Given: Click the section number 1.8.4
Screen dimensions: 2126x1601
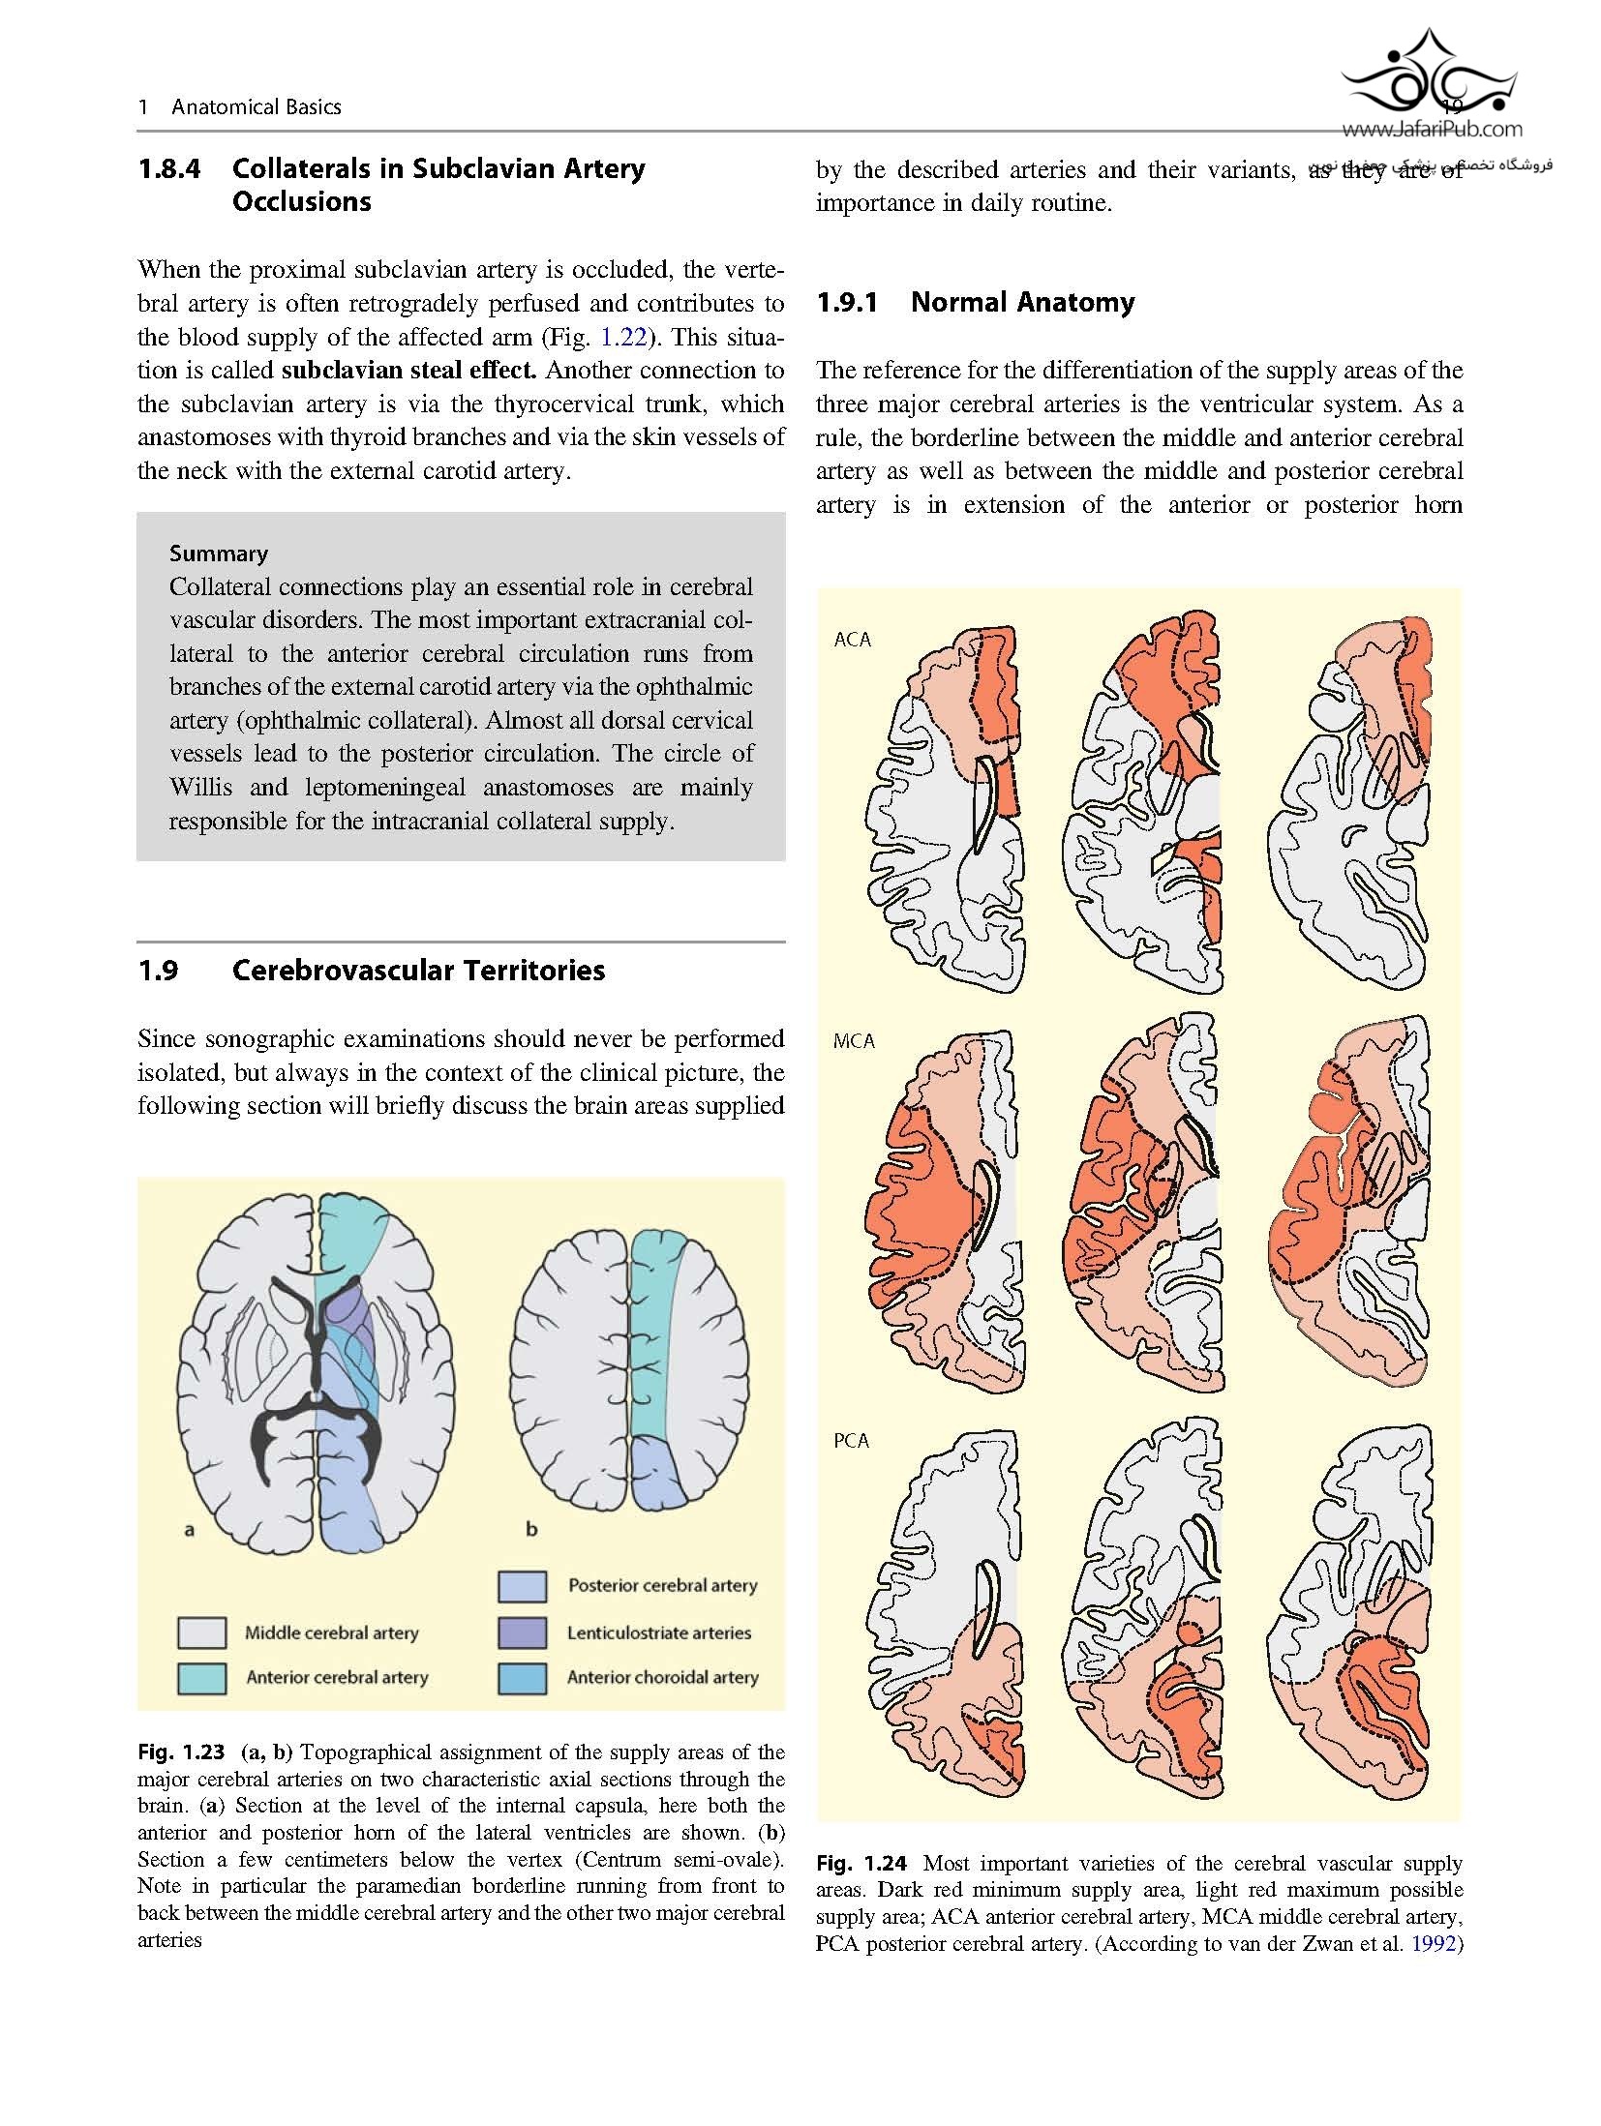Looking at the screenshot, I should tap(169, 168).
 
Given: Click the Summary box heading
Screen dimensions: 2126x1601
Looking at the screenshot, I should tap(219, 554).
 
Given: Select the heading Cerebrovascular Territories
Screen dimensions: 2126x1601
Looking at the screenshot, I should tap(418, 971).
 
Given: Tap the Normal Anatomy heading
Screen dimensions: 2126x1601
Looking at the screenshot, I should tap(1022, 303).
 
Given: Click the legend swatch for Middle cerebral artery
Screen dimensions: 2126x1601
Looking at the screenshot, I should tap(202, 1632).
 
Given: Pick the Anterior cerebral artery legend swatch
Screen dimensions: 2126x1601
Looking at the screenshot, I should tap(202, 1677).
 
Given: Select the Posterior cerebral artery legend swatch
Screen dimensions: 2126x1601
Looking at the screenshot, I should tap(523, 1586).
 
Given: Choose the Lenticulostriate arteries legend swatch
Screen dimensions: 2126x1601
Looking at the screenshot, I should tap(523, 1632).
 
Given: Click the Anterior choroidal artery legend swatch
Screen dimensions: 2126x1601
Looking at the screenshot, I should tap(523, 1677).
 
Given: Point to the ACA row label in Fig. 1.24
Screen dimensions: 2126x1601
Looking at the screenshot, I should tap(852, 639).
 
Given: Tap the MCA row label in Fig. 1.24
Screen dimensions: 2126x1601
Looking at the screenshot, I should tap(854, 1041).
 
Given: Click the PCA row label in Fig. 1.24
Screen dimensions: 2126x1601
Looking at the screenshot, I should tap(852, 1441).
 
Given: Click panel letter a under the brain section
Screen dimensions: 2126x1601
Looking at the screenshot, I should tap(190, 1530).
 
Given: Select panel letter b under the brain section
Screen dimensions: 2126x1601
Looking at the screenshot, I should tap(531, 1530).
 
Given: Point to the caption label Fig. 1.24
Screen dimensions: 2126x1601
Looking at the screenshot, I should tap(861, 1863).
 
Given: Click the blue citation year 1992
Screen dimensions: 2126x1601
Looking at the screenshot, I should tap(1433, 1944).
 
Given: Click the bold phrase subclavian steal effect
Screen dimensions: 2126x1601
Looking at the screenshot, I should tap(408, 371).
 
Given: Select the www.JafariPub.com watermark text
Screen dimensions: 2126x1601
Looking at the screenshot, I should tap(1432, 129).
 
